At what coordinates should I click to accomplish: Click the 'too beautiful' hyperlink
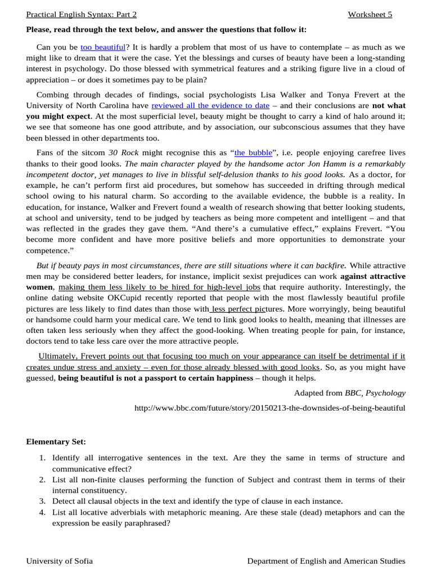(x=103, y=48)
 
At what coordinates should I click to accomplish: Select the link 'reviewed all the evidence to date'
(x=210, y=105)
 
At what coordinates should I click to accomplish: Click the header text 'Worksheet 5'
(x=370, y=15)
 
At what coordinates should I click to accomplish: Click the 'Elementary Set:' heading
(x=56, y=442)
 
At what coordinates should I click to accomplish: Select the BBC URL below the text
(x=269, y=407)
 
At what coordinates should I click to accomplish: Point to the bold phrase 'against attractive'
(x=372, y=276)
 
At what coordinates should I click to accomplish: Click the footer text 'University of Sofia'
(x=60, y=561)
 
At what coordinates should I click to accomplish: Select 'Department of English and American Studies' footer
(x=326, y=561)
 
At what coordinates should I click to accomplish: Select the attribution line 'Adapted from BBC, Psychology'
(x=349, y=393)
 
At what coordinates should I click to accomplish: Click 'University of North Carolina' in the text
(x=78, y=105)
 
